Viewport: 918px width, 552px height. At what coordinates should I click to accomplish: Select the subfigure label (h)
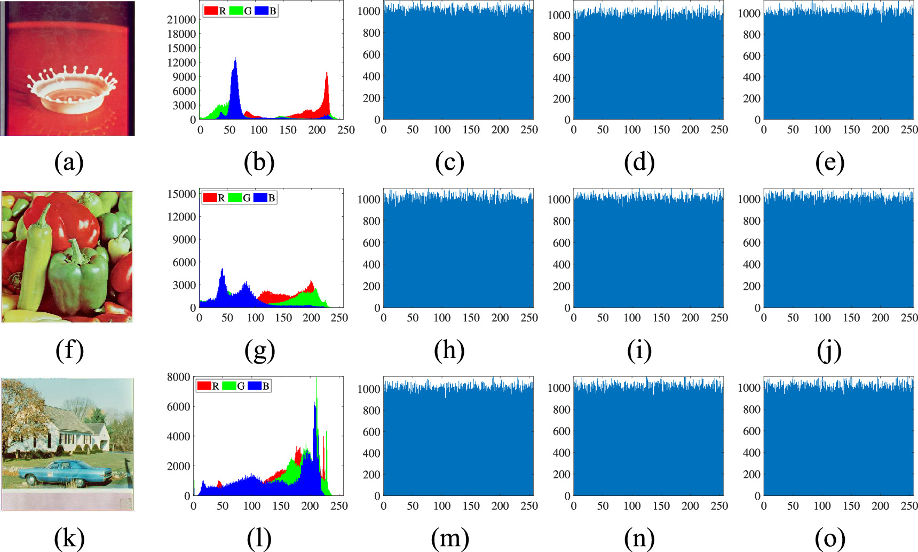click(x=449, y=351)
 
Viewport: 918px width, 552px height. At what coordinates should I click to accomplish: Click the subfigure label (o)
click(x=829, y=539)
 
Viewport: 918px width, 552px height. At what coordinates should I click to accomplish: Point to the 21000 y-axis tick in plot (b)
click(x=181, y=20)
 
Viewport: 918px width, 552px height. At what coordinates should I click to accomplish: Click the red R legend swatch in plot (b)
click(x=211, y=11)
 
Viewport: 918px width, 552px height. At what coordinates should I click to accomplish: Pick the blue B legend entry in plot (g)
click(x=265, y=198)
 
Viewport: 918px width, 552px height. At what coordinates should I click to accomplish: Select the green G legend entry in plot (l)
click(x=234, y=386)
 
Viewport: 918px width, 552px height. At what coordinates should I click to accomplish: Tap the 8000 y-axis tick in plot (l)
click(x=178, y=377)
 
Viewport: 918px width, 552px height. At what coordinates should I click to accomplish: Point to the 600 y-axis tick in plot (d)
click(x=561, y=57)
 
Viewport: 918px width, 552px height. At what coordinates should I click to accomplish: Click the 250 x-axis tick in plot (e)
click(x=909, y=130)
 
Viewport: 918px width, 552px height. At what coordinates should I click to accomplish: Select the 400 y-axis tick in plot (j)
click(x=751, y=264)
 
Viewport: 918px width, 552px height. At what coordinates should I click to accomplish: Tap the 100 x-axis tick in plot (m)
click(x=442, y=506)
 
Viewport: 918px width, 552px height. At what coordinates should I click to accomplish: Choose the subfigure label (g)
click(x=259, y=351)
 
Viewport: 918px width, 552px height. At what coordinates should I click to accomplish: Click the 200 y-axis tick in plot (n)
click(x=561, y=474)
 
